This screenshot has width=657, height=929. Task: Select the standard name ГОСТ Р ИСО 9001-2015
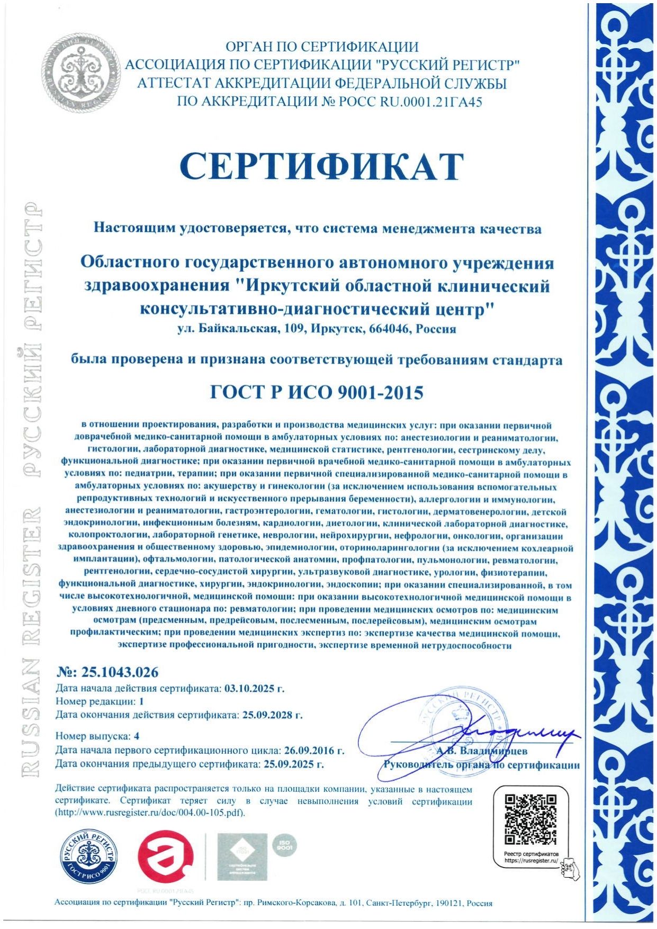pos(317,392)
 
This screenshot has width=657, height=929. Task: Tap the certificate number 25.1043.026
pos(119,672)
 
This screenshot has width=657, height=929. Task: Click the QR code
pos(531,819)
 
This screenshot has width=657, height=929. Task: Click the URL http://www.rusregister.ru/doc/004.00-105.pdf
pos(150,813)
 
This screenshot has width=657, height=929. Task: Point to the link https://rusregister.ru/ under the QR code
pos(531,861)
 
